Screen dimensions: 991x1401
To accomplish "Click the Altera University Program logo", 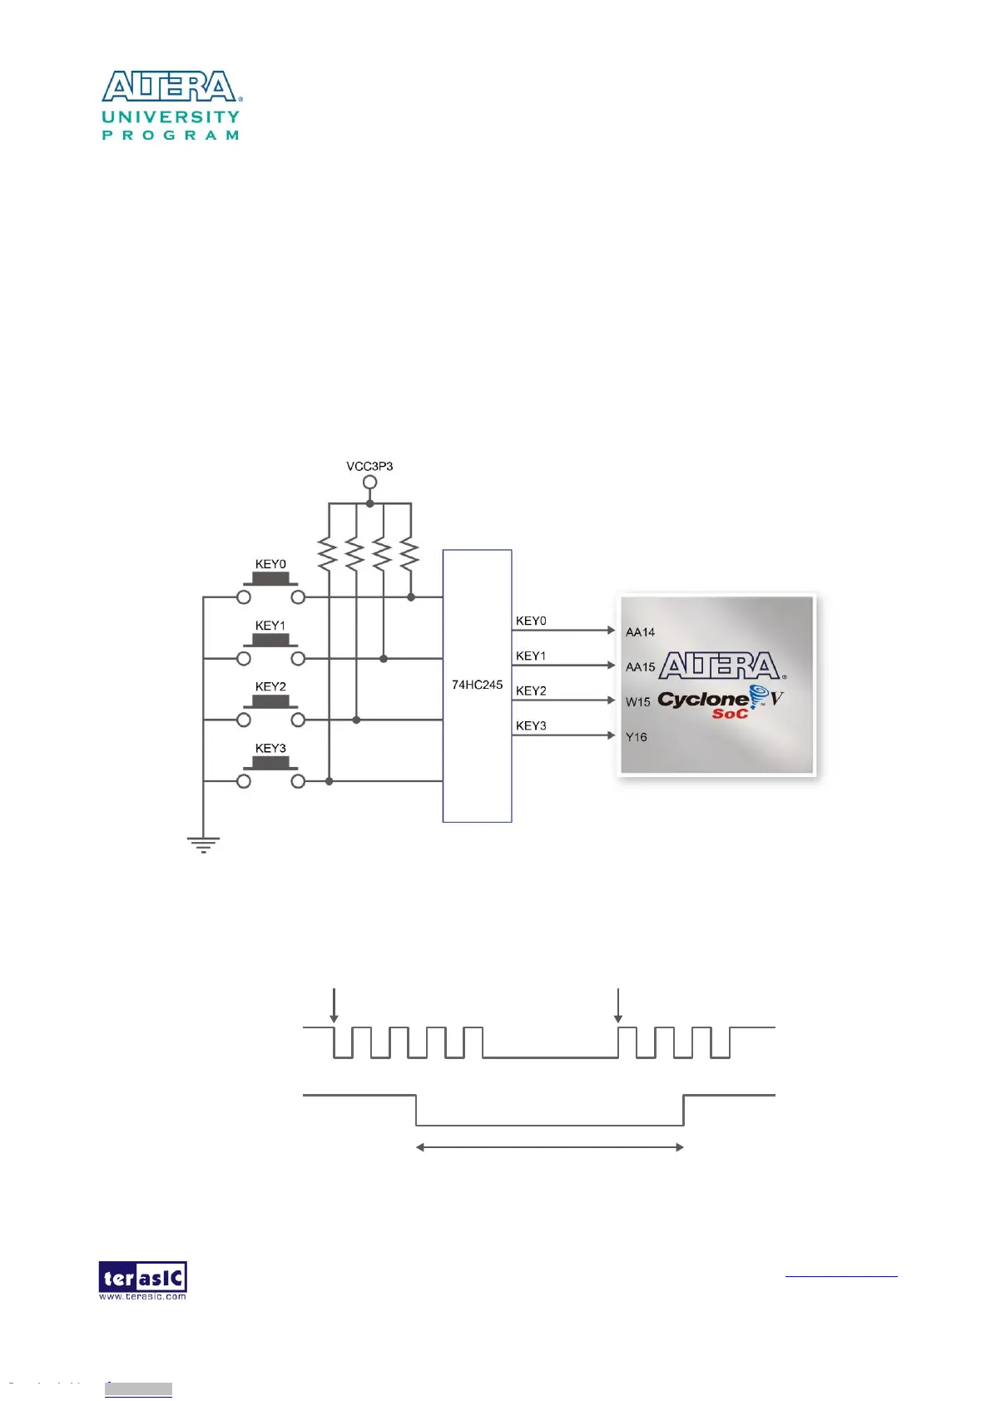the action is [x=171, y=106].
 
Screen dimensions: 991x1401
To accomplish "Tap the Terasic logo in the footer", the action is [x=142, y=1280].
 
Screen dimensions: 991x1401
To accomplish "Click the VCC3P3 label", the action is [x=369, y=466].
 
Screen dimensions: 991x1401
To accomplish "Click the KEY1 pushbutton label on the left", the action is [x=270, y=626].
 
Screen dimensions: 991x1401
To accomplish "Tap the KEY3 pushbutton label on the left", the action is [x=270, y=748].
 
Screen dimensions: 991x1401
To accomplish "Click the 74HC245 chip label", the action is [x=477, y=685].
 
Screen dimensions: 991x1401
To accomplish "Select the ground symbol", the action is [x=203, y=844].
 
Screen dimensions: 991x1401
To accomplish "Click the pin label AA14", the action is [x=640, y=632].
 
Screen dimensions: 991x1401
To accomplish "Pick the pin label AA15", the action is [x=640, y=667].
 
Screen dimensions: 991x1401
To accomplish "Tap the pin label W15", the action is [x=638, y=702].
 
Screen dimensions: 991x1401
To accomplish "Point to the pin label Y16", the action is [x=637, y=737].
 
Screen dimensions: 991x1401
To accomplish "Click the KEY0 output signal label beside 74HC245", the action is [x=531, y=621].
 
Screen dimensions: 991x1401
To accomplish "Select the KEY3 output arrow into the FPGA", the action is [x=564, y=735].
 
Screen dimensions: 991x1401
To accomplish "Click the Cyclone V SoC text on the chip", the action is [x=720, y=703].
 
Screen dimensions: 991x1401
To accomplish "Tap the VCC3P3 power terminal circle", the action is [x=369, y=483].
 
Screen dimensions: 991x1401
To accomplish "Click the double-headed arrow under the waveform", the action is [x=549, y=1147].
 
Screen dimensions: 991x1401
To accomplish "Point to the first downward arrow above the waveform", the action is [x=334, y=1005].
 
